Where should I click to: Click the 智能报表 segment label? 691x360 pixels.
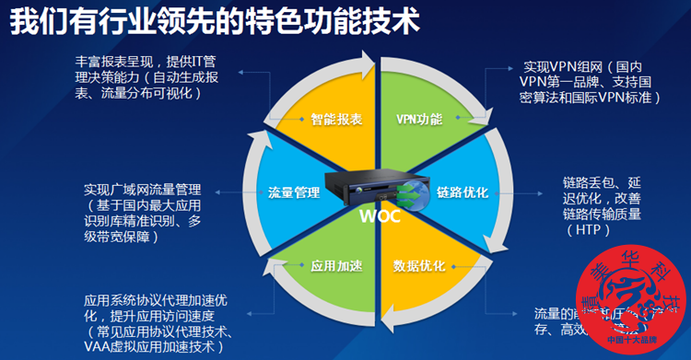click(x=336, y=119)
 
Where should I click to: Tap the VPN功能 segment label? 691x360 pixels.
click(x=419, y=119)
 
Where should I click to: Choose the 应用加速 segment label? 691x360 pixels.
click(x=336, y=266)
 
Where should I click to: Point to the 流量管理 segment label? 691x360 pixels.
click(x=294, y=192)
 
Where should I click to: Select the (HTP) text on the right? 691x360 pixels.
click(x=589, y=228)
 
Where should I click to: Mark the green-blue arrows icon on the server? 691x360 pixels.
click(x=417, y=194)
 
